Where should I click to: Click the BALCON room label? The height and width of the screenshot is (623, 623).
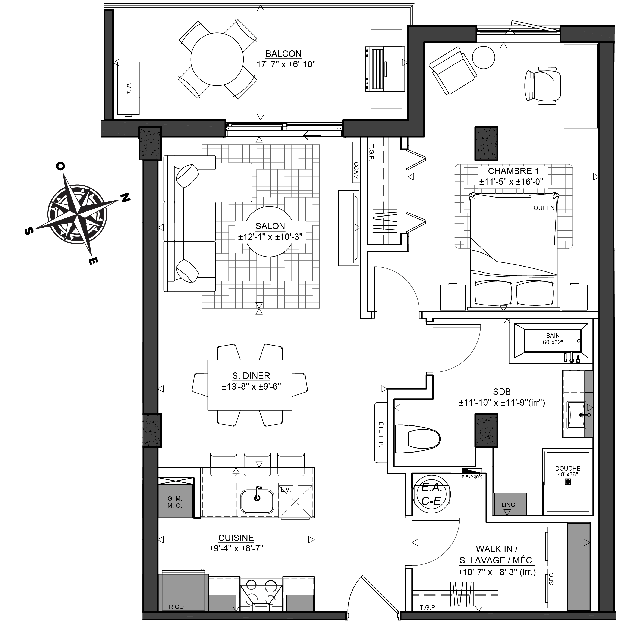[283, 54]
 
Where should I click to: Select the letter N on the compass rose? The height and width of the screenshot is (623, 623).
[125, 198]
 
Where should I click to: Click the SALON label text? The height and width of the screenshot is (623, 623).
[270, 226]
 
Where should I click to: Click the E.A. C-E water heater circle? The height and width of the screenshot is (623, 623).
[432, 494]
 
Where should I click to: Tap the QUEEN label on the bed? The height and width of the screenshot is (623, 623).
[544, 208]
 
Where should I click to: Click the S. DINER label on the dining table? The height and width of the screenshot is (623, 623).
[251, 376]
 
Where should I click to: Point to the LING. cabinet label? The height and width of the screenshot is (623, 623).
[509, 505]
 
